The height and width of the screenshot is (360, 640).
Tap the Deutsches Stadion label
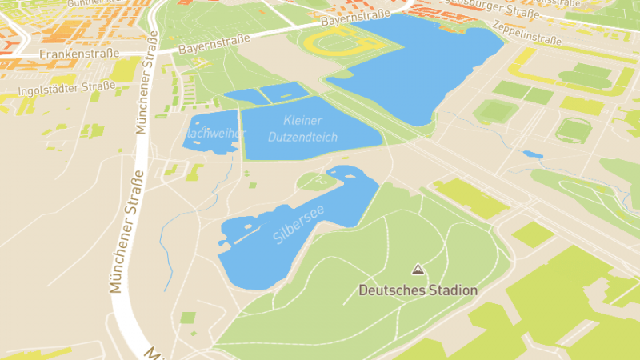point(418,290)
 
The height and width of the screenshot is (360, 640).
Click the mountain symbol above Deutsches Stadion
point(416,270)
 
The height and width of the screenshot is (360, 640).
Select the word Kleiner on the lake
point(302,121)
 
